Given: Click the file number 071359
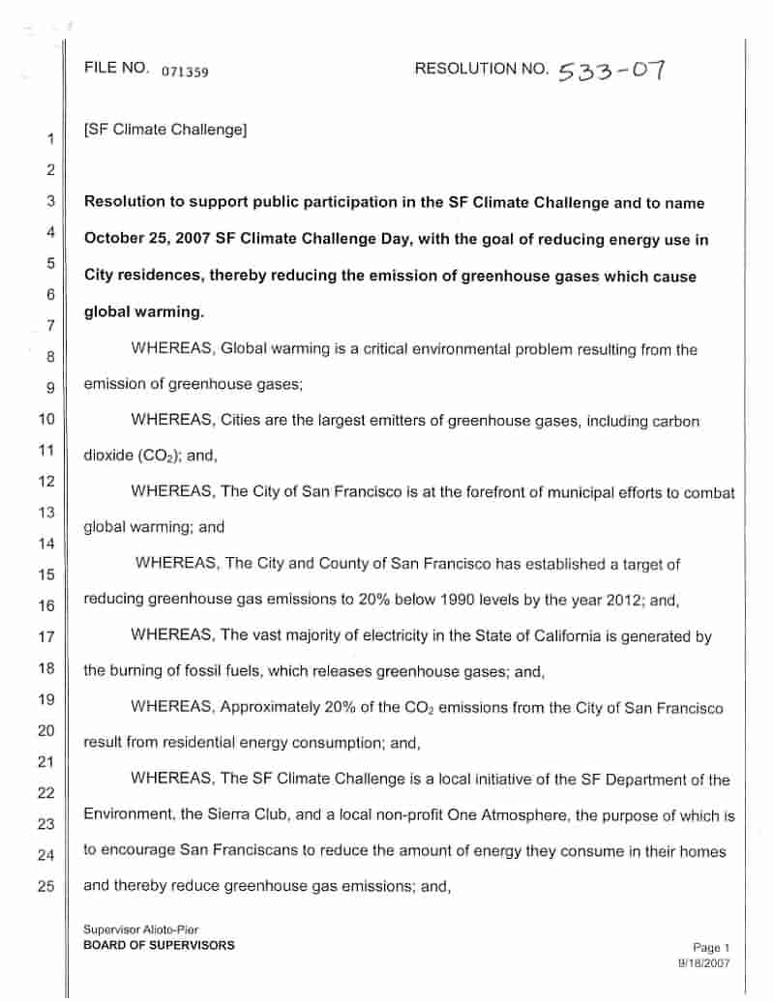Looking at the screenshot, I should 186,72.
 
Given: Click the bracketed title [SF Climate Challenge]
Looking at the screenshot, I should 165,130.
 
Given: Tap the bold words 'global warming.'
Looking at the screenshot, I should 144,312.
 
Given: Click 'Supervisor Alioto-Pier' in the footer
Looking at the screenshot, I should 141,930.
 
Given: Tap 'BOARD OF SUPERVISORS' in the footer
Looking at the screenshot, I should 159,945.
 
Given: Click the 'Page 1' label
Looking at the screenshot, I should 711,948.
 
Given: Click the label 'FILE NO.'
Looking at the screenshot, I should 115,69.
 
